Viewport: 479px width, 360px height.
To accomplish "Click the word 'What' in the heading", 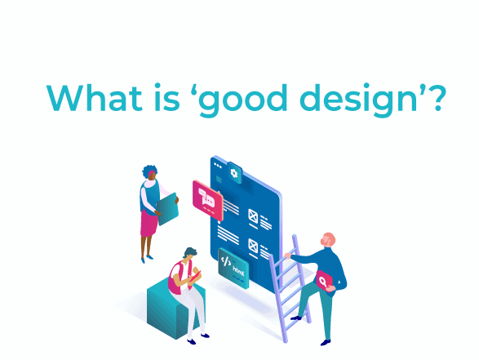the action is tap(94, 97).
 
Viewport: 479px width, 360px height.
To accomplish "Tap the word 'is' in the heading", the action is tap(166, 97).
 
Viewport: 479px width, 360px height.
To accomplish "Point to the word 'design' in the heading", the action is tap(359, 100).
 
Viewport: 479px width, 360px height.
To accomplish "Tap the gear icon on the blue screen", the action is tap(234, 173).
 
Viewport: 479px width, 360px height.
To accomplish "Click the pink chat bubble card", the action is tap(208, 200).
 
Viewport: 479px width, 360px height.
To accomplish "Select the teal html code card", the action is tap(233, 268).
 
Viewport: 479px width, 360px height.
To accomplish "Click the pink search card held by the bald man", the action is tap(324, 281).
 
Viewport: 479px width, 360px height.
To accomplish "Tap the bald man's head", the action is tap(328, 240).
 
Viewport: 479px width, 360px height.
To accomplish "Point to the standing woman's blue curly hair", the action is tap(149, 171).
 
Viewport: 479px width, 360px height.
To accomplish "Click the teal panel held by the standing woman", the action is tap(167, 209).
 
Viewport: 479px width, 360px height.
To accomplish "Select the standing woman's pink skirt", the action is tap(149, 224).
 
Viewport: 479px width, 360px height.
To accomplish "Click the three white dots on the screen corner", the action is tap(218, 166).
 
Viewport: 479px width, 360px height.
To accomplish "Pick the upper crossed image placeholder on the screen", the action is tap(253, 217).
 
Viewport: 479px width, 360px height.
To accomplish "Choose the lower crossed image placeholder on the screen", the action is tap(253, 247).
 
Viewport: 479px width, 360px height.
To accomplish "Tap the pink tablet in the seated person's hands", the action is tap(194, 277).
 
